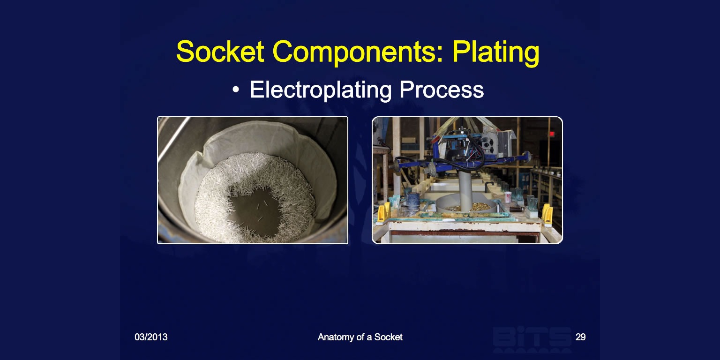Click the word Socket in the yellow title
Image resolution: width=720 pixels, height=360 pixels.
coord(220,52)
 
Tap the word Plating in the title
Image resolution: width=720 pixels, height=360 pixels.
coord(495,52)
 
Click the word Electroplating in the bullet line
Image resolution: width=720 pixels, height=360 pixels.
coord(321,90)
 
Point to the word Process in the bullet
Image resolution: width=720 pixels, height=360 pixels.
coord(442,90)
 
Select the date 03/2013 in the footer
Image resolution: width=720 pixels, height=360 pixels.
coord(151,337)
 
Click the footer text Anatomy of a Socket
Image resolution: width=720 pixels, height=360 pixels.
coord(360,337)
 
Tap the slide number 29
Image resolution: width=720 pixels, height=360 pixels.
coord(580,337)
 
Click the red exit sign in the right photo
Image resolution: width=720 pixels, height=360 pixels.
coord(552,134)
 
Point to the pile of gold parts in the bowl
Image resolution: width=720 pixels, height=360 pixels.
coord(472,207)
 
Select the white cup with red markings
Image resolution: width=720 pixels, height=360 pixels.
coord(508,197)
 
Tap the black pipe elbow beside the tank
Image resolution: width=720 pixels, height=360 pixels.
coord(489,185)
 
